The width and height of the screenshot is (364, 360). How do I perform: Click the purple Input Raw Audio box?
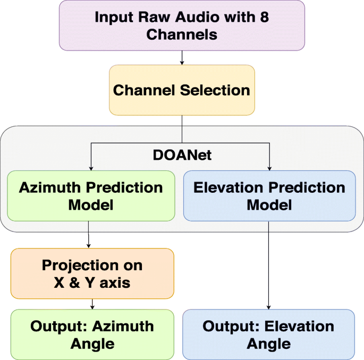click(x=182, y=25)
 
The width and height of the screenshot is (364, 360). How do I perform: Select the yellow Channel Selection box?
click(x=182, y=90)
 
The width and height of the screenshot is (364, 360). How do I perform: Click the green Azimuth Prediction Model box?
click(x=91, y=195)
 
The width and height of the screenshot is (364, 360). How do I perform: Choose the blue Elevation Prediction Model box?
click(x=269, y=195)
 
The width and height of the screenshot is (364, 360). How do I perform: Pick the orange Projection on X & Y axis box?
click(x=92, y=273)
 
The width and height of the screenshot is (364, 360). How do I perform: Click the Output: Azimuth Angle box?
click(x=92, y=334)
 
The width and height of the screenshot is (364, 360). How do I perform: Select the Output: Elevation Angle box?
click(x=268, y=334)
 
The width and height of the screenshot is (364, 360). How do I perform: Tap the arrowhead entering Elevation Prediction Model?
click(x=270, y=167)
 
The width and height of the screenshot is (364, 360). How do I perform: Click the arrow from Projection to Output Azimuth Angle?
click(x=92, y=304)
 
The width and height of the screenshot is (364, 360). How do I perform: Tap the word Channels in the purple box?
click(x=182, y=35)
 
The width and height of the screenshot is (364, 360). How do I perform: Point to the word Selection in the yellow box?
click(x=215, y=90)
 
